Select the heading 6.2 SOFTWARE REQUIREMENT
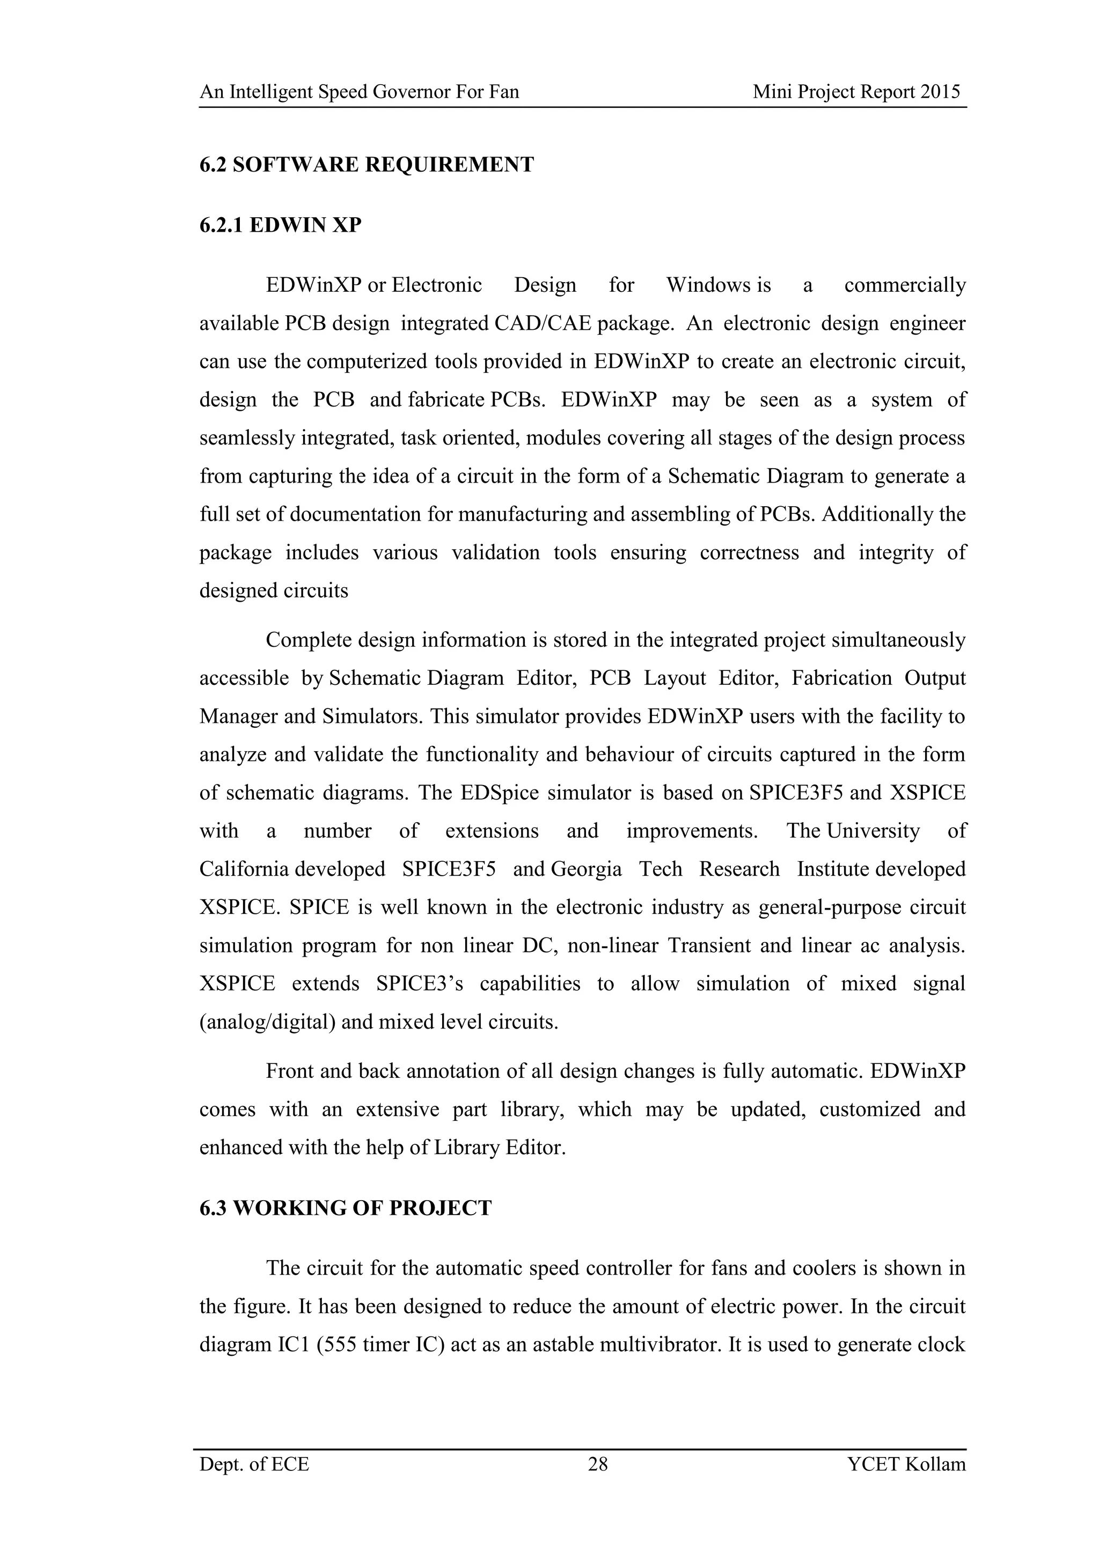pos(366,165)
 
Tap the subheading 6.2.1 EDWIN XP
pos(280,225)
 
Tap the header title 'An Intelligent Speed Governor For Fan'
pos(360,92)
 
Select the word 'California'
pos(244,869)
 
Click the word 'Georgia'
pos(586,869)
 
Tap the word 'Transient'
pos(708,945)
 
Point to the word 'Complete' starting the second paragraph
pos(306,640)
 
